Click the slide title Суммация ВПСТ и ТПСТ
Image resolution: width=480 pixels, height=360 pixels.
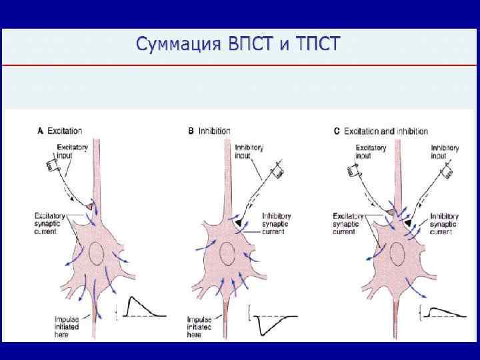[237, 44]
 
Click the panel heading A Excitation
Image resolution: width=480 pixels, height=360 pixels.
[60, 131]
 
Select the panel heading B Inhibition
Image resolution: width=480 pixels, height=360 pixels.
[209, 131]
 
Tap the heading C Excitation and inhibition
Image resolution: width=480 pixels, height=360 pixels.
[381, 131]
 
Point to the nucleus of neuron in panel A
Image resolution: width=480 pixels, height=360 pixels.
[95, 255]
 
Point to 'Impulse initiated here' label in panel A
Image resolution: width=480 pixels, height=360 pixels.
[69, 326]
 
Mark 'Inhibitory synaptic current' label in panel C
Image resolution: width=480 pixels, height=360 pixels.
[445, 223]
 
